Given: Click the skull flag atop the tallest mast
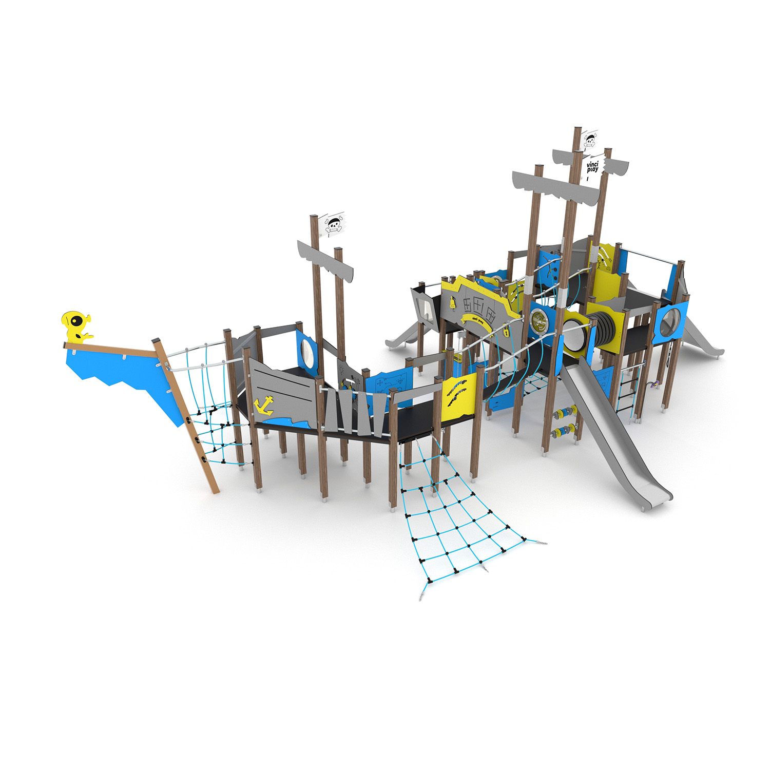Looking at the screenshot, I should tap(590, 140).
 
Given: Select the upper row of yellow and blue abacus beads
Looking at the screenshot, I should tap(564, 412).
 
